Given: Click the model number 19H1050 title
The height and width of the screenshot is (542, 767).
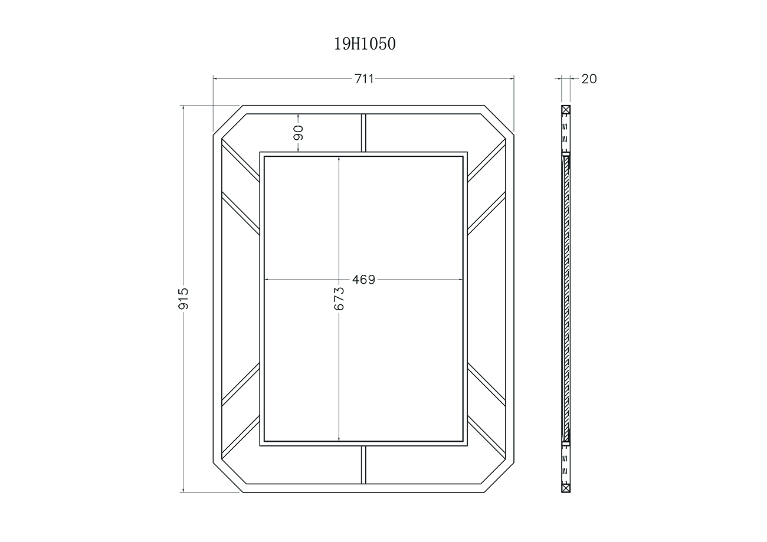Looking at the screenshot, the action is tap(365, 44).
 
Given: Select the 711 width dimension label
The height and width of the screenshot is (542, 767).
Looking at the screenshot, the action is tap(364, 79).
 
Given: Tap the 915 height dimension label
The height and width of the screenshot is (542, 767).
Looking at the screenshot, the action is tap(183, 298).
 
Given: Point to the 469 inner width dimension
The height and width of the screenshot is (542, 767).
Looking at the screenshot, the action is tap(363, 280).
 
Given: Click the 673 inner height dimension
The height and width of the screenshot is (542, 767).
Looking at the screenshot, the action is tap(339, 298).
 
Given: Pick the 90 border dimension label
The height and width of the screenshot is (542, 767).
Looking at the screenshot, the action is tap(298, 133).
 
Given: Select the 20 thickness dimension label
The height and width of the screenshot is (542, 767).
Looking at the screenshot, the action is tap(589, 79).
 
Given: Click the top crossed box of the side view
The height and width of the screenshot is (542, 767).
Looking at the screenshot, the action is tap(566, 110).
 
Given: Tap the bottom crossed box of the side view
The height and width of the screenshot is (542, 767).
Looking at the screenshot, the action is tap(566, 488).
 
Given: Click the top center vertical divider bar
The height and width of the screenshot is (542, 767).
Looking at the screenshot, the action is tap(363, 133).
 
